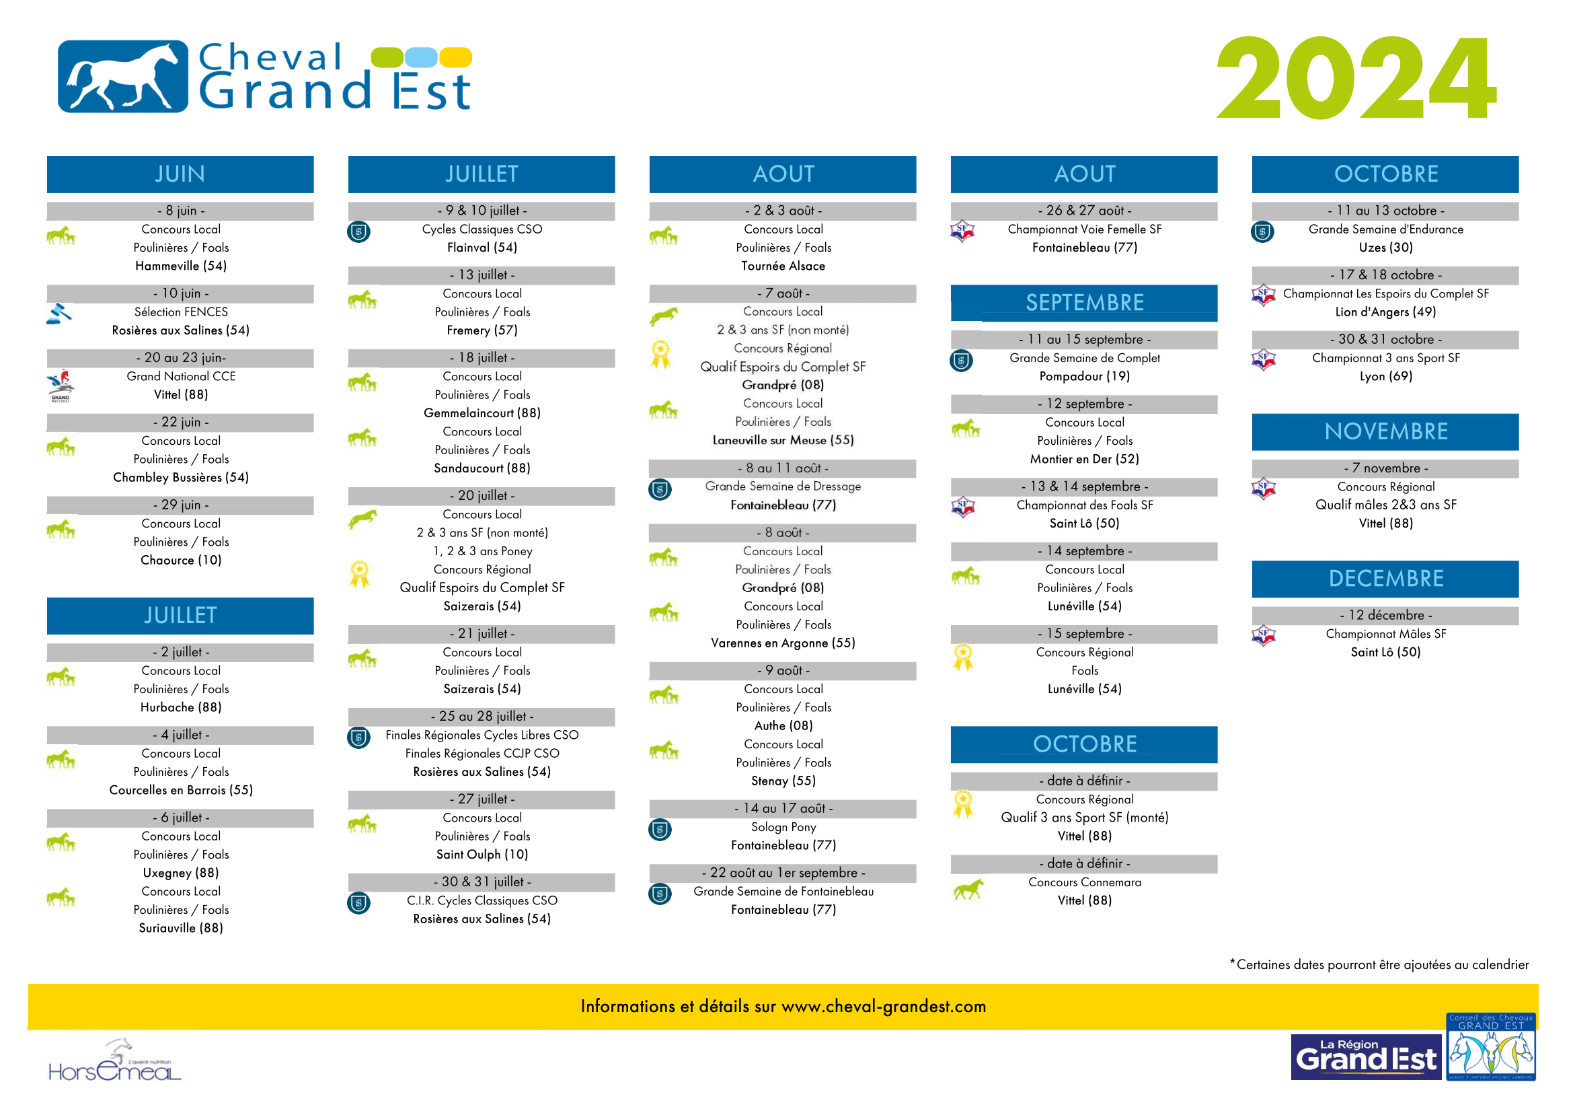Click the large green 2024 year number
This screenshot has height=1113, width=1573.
coord(1356,77)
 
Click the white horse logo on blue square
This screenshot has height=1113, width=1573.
coord(122,76)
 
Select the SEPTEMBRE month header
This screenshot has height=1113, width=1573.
coord(1084,303)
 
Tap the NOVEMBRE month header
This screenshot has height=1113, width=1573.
coord(1385,432)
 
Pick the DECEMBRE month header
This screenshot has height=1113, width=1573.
coord(1385,579)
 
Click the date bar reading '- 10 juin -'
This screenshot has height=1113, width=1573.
coord(180,293)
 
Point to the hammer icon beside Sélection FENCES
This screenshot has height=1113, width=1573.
coord(60,314)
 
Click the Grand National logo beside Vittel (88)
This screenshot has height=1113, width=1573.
coord(61,386)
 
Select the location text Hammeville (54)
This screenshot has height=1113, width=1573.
coord(181,266)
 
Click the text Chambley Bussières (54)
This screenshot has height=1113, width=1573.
coord(181,478)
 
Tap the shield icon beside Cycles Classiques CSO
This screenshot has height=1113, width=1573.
coord(359,231)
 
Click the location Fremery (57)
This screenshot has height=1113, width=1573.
coord(482,330)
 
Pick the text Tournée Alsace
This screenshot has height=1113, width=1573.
coord(783,266)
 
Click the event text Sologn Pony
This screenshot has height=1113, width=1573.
coord(783,827)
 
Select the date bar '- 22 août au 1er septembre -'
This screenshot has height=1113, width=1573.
coord(783,873)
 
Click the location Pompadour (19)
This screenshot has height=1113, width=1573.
coord(1085,376)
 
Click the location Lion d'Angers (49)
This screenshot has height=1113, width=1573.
coord(1385,312)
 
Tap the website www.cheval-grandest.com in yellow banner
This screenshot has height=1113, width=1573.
coord(884,1006)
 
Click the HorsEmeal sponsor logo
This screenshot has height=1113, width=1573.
coord(114,1061)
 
